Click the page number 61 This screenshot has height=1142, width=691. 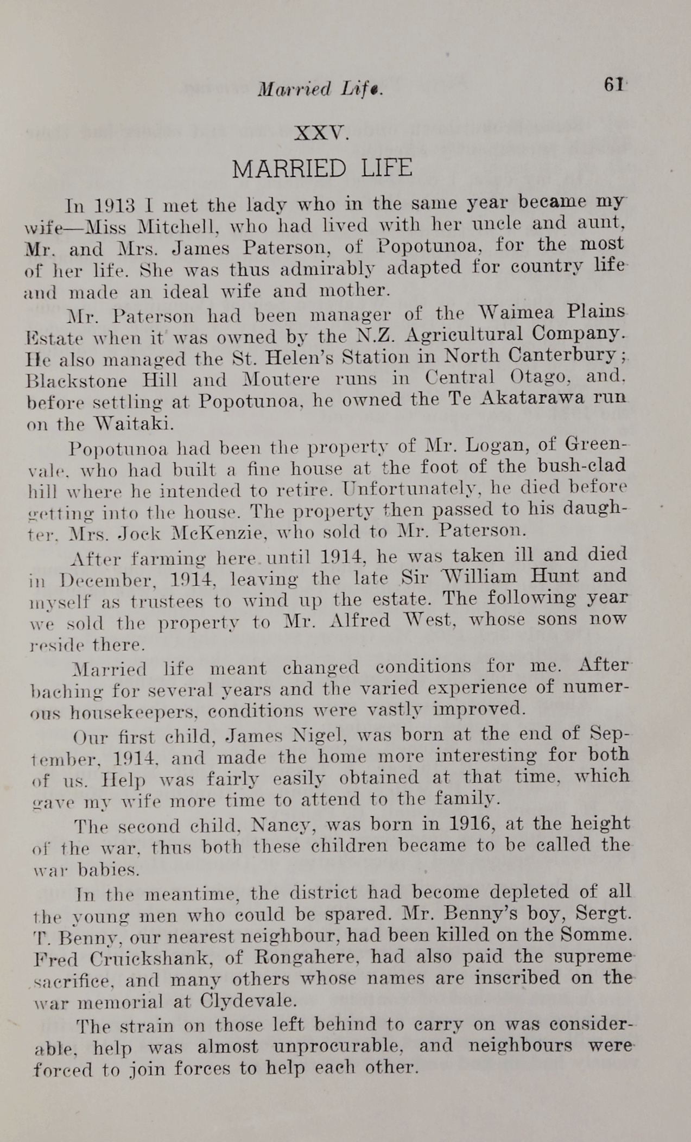613,85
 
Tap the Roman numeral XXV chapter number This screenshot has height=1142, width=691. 320,132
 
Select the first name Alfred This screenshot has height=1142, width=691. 360,621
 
